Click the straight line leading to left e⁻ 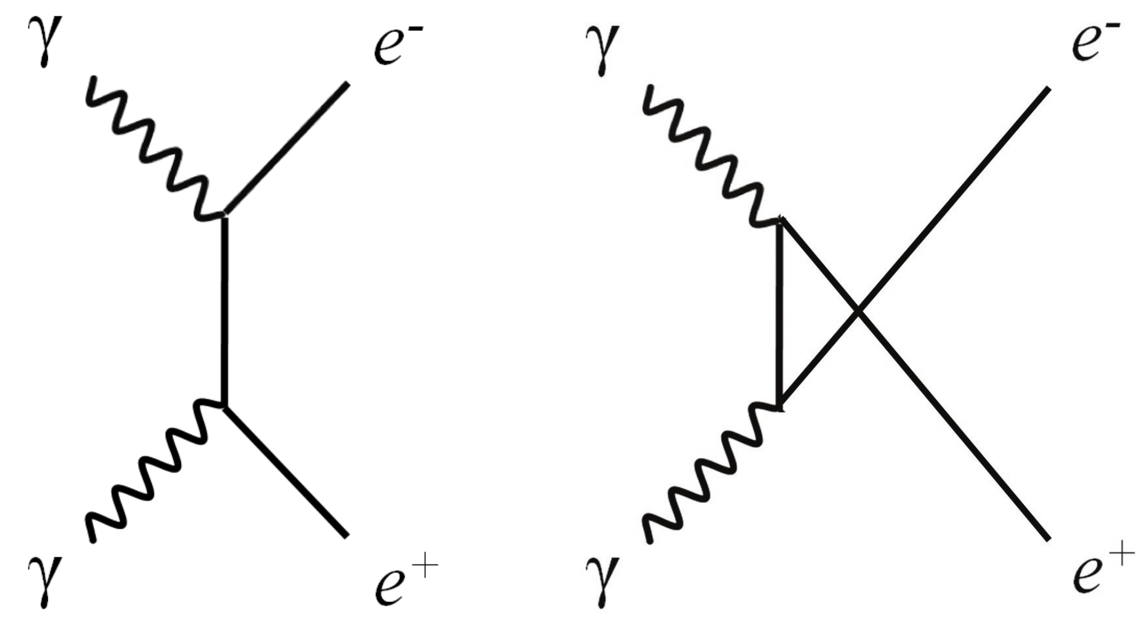pyautogui.click(x=287, y=149)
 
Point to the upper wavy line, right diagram pyautogui.click(x=708, y=154)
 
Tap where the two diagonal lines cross pyautogui.click(x=858, y=311)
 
